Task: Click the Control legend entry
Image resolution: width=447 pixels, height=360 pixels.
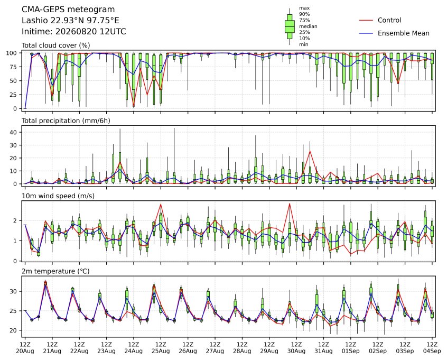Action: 380,20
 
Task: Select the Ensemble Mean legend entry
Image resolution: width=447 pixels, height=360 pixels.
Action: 394,33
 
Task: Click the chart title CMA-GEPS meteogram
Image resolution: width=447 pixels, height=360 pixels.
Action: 68,10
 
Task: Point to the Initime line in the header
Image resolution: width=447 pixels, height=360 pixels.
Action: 74,31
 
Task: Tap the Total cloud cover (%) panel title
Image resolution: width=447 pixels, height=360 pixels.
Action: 56,45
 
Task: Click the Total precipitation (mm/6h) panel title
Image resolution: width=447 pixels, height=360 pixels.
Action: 66,121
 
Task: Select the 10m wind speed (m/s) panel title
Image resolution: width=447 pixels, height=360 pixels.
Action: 58,196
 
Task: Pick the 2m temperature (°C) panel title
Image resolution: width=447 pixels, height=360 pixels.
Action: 55,271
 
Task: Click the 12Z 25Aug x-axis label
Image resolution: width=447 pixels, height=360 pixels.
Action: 161,348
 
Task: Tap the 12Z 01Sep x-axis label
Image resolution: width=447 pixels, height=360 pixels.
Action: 351,348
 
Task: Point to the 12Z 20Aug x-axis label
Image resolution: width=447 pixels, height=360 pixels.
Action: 25,348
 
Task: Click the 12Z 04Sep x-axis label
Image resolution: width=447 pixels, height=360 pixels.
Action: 432,348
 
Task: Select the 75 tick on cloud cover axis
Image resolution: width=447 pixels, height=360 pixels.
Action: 13,67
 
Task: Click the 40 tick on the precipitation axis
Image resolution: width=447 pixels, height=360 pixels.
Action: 13,132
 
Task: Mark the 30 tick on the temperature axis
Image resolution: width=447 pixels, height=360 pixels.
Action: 13,291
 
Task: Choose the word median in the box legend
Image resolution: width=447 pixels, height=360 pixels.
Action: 308,26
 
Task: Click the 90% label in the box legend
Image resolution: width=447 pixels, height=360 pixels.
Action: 304,14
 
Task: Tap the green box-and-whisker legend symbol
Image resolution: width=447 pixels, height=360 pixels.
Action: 290,26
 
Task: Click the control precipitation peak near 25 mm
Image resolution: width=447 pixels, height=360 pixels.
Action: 310,151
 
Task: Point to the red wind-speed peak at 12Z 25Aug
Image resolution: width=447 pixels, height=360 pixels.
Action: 161,204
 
